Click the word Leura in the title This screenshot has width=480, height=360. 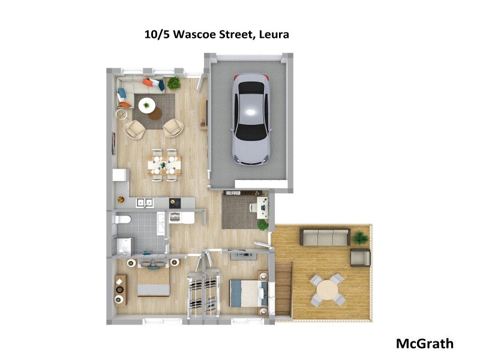[x=274, y=34]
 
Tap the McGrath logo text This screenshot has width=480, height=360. [x=424, y=344]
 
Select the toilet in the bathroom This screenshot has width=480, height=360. [x=122, y=220]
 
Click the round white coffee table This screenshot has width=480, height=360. [x=146, y=106]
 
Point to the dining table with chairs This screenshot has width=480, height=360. [x=164, y=164]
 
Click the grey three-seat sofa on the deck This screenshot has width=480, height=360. [x=325, y=237]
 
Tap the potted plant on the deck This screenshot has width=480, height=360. [x=361, y=237]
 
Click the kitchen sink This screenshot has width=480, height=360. [x=144, y=203]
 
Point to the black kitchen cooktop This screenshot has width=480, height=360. [x=175, y=203]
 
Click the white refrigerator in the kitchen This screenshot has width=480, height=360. [x=121, y=175]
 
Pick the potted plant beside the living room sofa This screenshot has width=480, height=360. [x=173, y=83]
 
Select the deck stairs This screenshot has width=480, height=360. [x=283, y=290]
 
